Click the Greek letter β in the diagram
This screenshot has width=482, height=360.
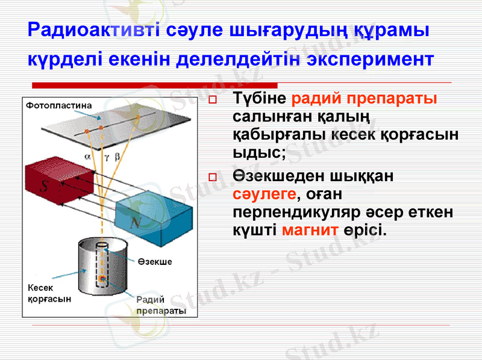117,155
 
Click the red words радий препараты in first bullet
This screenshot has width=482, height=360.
364,98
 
